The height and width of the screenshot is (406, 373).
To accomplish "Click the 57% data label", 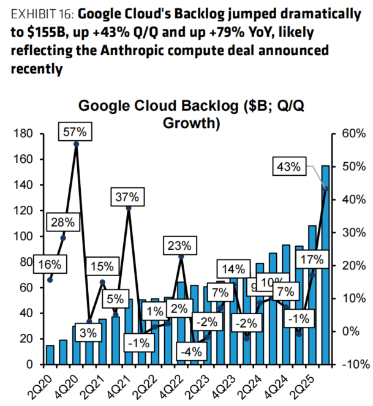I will tap(76, 132).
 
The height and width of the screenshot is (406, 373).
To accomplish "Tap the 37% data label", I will tap(128, 197).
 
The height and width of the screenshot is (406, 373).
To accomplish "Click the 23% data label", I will tap(180, 246).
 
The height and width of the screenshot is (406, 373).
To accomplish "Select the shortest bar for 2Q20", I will tap(50, 355).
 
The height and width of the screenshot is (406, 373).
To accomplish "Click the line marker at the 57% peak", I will tap(76, 145).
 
